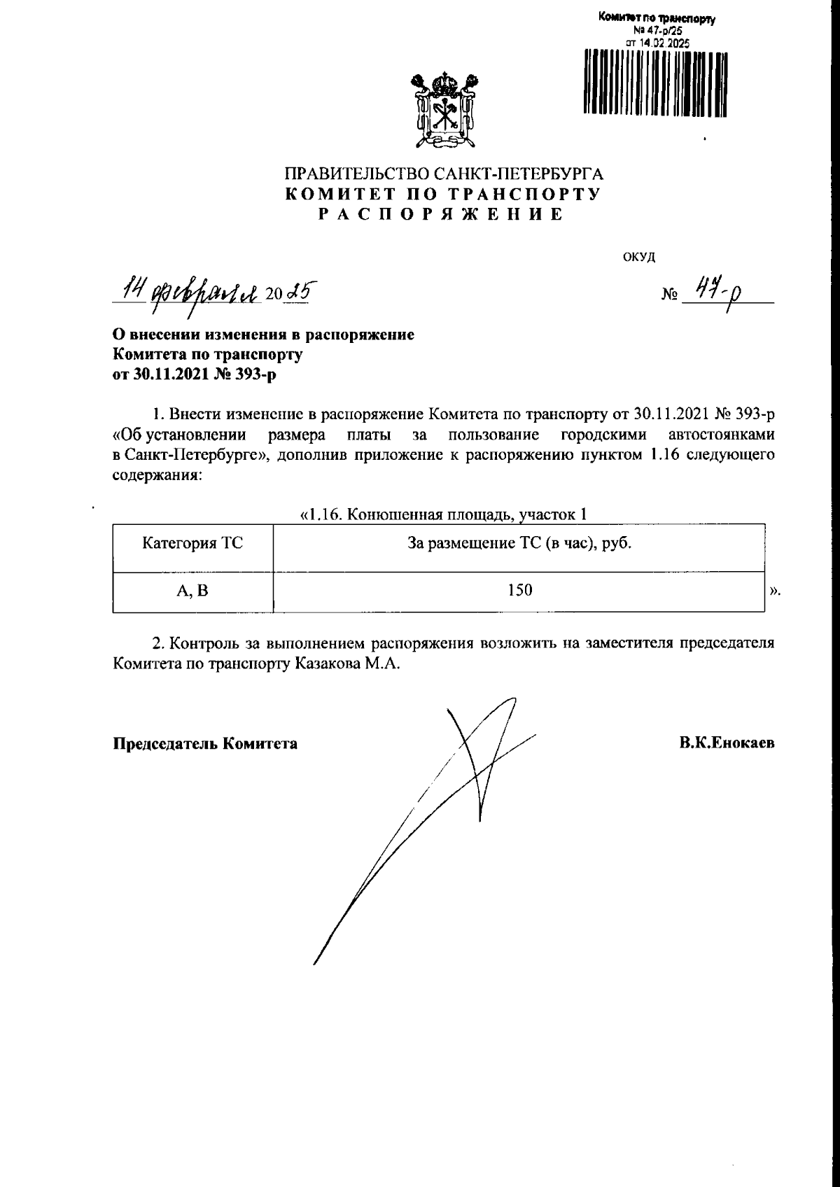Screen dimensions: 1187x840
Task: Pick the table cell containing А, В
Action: tap(192, 591)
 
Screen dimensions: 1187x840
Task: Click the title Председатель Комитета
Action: tap(205, 743)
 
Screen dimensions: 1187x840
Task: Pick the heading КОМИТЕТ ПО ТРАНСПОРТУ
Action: tap(442, 195)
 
